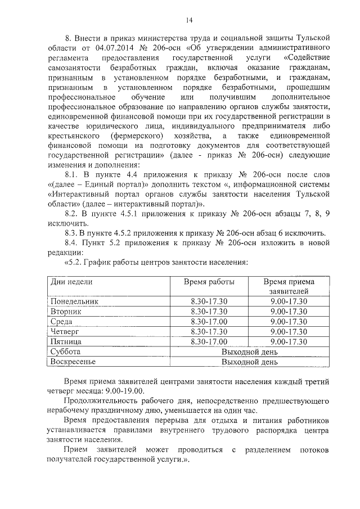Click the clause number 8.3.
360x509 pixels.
73,233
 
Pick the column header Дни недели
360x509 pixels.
71,282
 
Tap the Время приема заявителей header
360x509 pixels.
289,287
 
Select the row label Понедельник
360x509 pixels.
74,301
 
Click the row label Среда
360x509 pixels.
62,321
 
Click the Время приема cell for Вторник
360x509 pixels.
289,311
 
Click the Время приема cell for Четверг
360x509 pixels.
289,331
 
